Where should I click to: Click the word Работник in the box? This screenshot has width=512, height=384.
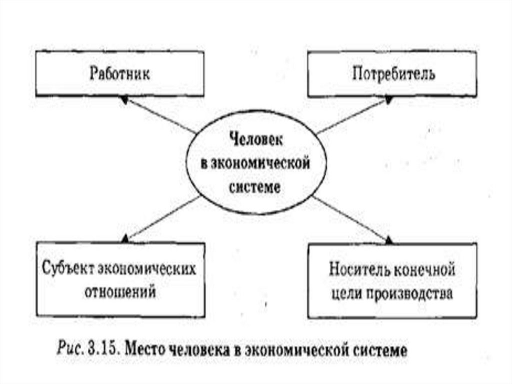click(x=120, y=74)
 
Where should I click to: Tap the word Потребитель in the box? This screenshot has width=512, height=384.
click(x=393, y=74)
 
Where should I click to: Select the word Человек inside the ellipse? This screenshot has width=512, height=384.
click(x=255, y=140)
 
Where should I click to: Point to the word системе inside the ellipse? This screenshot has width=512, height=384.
click(x=255, y=187)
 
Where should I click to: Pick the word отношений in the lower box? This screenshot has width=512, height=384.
click(x=120, y=292)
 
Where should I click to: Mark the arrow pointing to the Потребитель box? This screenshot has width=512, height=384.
click(x=353, y=116)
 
